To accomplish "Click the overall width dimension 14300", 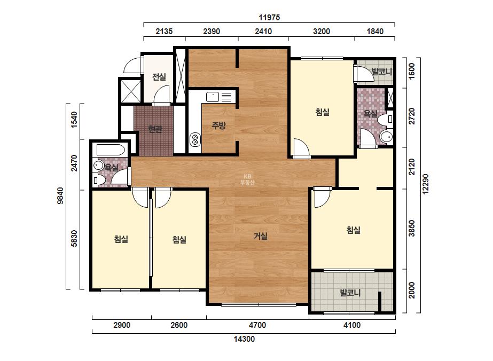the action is coord(244,339).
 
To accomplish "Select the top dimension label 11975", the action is coord(269,18).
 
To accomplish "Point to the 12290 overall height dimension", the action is coord(425,184).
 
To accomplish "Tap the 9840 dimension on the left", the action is coord(60,195).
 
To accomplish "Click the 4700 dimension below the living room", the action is coord(257,325).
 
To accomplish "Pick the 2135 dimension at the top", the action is coord(164,32).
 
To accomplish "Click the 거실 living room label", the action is coord(261,236).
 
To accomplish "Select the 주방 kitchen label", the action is coord(218,126).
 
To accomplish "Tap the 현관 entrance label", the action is coord(155,129).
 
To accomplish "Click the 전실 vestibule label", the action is coord(159,77).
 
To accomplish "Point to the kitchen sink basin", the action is coord(213,97).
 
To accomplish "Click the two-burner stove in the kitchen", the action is coord(195,139).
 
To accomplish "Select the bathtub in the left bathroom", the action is coord(111,150).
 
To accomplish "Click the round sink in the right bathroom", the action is coord(386,137).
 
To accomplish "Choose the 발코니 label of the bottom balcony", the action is coord(350,293).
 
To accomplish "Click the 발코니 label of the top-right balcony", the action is coord(382,72).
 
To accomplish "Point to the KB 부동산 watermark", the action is coord(247,179).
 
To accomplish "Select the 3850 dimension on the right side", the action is coord(412,229).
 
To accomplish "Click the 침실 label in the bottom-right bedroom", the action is coord(354,230).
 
